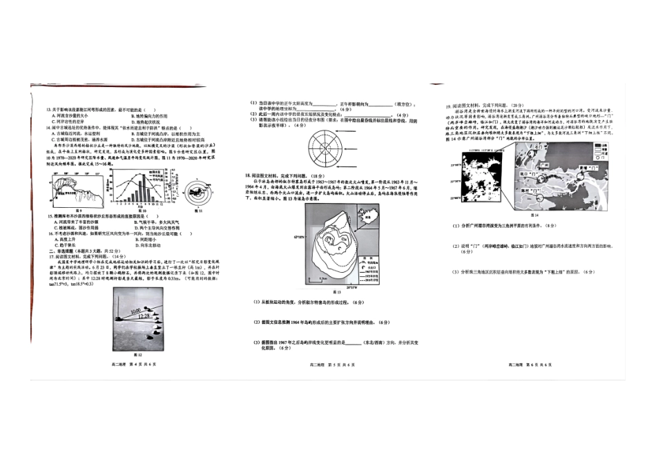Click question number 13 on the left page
[48, 110]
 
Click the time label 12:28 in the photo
[144, 317]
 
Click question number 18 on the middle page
[247, 177]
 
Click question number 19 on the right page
[447, 107]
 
